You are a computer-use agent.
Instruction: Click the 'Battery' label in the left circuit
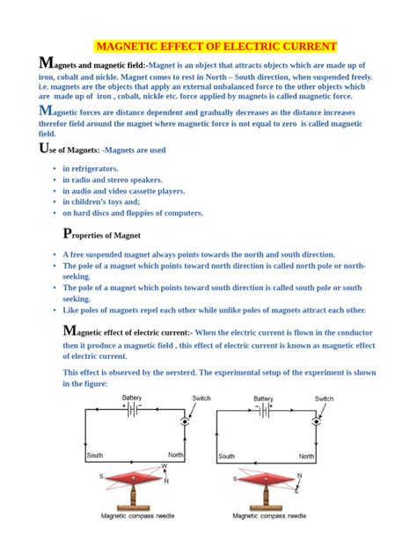click(x=132, y=399)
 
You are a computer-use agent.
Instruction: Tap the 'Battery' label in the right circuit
click(x=264, y=399)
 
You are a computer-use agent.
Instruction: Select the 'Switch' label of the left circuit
click(x=201, y=399)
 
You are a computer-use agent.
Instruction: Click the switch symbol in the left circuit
click(x=185, y=421)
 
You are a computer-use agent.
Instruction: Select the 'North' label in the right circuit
click(x=306, y=457)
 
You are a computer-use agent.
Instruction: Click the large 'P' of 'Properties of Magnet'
click(x=68, y=233)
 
